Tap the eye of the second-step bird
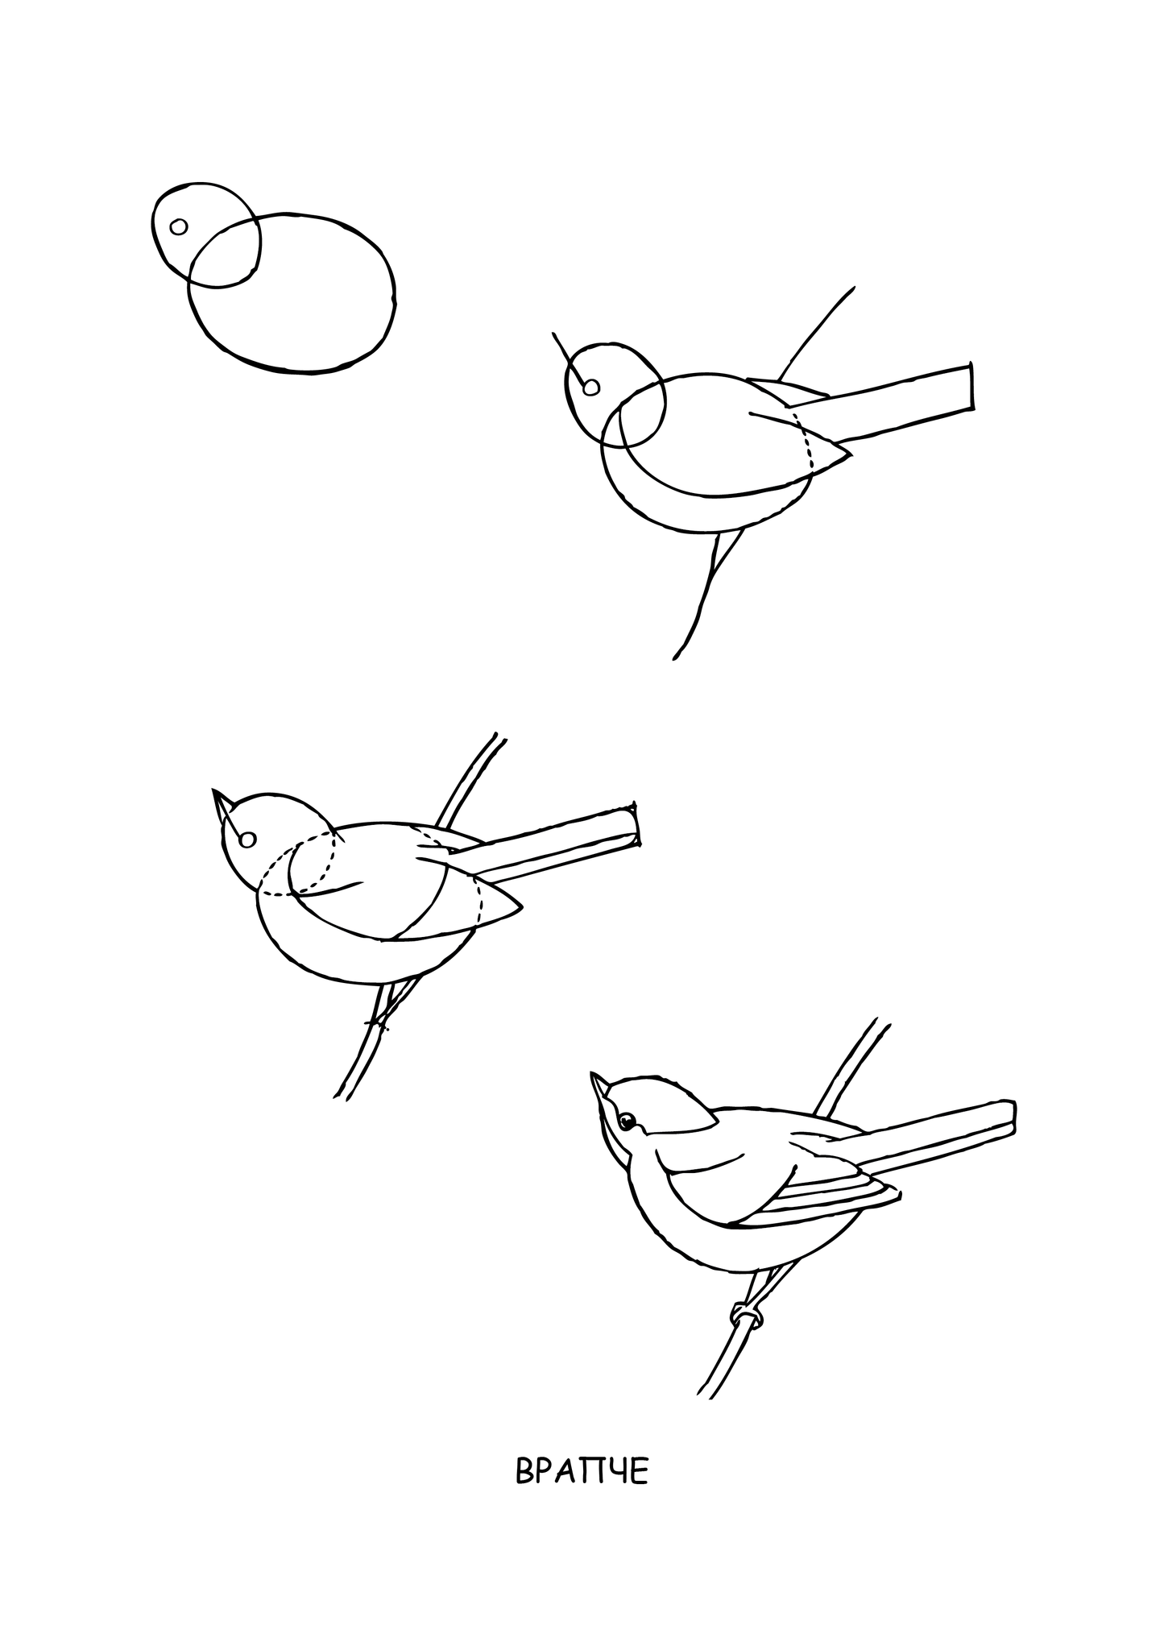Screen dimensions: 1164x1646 tap(591, 388)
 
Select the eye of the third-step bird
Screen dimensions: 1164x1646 tap(248, 840)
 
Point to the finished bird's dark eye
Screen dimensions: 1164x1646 tap(627, 1121)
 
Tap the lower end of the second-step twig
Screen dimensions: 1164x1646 tap(675, 658)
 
